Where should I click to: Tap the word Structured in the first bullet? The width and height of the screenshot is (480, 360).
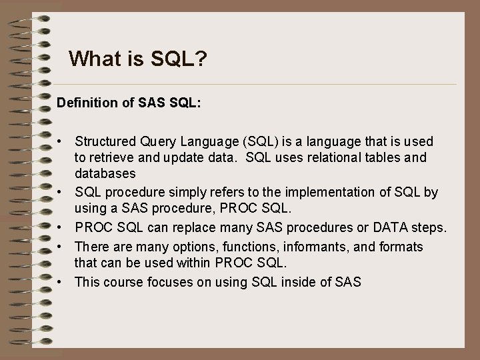pos(105,141)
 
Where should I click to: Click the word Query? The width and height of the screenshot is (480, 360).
pos(156,141)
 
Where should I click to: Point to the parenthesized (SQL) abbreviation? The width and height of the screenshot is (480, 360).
pos(257,141)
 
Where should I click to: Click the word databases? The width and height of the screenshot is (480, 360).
pos(105,175)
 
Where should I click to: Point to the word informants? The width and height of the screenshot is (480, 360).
pos(315,247)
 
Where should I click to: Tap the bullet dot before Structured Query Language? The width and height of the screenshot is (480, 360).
pos(60,142)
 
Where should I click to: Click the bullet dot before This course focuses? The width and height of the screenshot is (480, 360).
pos(60,282)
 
